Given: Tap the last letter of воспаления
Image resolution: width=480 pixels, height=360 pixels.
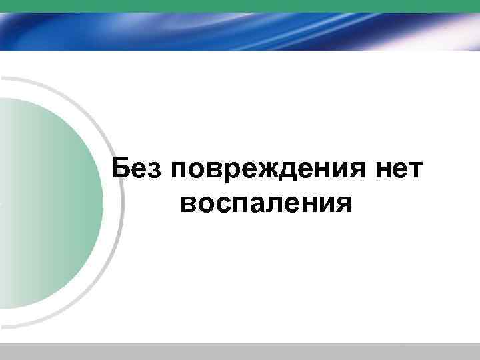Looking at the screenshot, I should click(x=341, y=204).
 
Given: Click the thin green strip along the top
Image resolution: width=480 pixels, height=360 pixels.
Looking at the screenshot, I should click(x=240, y=5).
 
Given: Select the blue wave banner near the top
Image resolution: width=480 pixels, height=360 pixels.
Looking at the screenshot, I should click(x=240, y=31).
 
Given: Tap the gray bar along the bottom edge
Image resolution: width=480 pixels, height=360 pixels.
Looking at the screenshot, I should click(x=240, y=351).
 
